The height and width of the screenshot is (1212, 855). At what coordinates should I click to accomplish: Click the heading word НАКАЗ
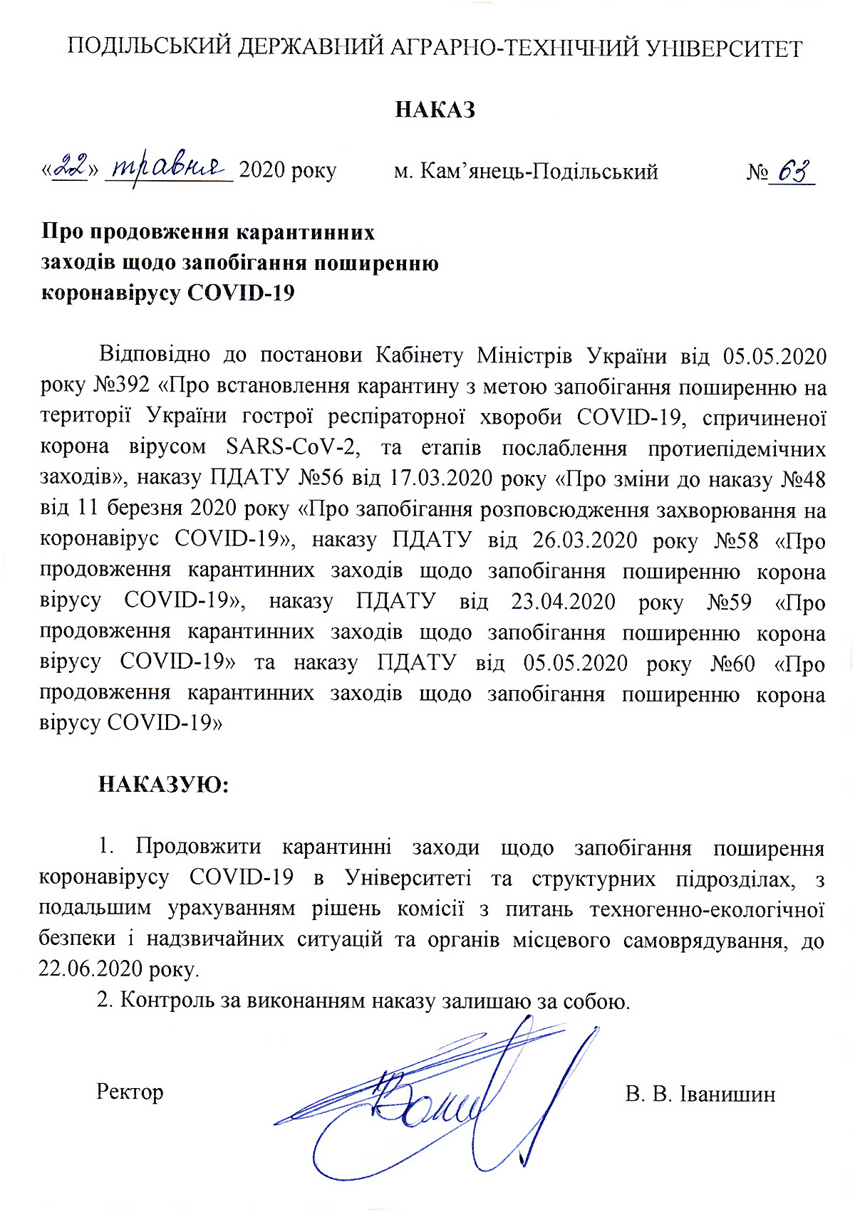pos(435,110)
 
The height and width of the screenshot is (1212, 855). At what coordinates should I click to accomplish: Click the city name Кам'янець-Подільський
pos(539,172)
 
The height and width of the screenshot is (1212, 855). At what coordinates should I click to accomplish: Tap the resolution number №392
pos(122,386)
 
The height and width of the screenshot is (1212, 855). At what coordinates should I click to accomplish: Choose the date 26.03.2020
pos(584,540)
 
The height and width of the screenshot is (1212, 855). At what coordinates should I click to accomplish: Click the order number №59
pos(729,602)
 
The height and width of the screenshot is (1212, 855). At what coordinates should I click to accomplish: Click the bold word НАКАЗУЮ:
pos(163,785)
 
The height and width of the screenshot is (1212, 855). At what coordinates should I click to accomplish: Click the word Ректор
pos(130,1092)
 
